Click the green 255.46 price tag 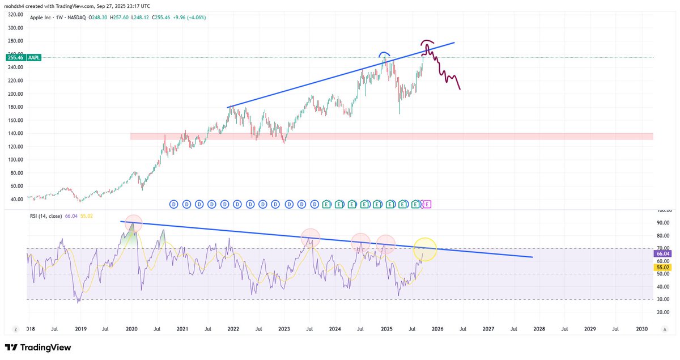pos(12,57)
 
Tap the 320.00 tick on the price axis pos(15,15)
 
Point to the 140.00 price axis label pos(15,133)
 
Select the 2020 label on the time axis pos(131,329)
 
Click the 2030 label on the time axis pos(642,329)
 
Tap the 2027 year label pos(488,329)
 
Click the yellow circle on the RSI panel pos(425,249)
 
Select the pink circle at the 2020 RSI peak pos(134,223)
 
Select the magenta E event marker pos(427,204)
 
